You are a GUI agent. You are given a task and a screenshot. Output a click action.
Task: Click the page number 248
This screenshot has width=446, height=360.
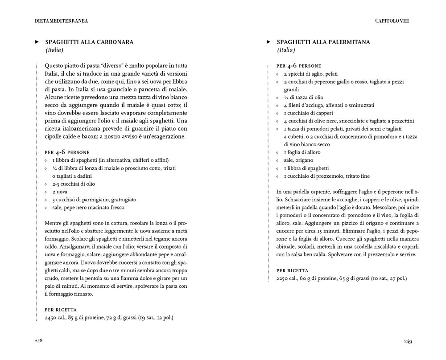pyautogui.click(x=38, y=341)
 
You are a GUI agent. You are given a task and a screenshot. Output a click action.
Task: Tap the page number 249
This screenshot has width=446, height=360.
pyautogui.click(x=408, y=341)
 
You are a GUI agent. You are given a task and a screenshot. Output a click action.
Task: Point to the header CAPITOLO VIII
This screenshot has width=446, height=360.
pyautogui.click(x=392, y=20)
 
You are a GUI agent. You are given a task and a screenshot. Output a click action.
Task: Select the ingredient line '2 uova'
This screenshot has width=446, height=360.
pyautogui.click(x=60, y=192)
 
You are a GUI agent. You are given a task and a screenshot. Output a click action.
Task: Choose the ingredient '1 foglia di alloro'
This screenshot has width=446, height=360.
pyautogui.click(x=302, y=152)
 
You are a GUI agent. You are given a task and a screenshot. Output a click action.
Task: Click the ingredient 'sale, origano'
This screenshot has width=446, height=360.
pyautogui.click(x=298, y=160)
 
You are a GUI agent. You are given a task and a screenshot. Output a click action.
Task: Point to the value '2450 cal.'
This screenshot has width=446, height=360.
pyautogui.click(x=57, y=318)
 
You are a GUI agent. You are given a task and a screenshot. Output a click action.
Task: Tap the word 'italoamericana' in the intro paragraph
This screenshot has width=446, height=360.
pyautogui.click(x=84, y=128)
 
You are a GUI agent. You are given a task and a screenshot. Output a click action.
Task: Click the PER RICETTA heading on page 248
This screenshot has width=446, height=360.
pyautogui.click(x=61, y=310)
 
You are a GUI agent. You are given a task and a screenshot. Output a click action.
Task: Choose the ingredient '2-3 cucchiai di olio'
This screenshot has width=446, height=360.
pyautogui.click(x=73, y=184)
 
